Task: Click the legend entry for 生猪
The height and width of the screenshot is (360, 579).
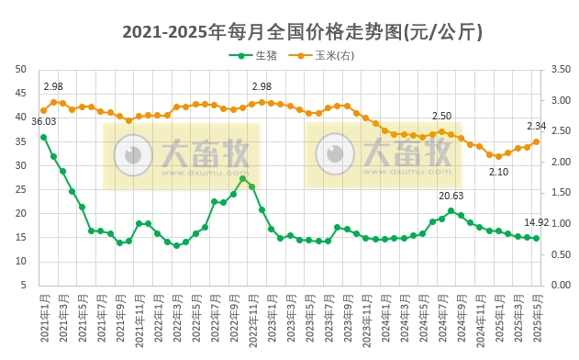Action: [260, 56]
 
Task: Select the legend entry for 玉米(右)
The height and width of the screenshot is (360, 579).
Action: [328, 56]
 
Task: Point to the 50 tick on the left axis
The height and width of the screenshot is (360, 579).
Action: [20, 69]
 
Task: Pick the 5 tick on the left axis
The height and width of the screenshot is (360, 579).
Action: [23, 286]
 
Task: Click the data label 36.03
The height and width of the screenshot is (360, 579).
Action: [43, 121]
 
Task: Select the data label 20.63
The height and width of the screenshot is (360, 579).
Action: [451, 196]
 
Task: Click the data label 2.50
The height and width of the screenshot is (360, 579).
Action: [441, 116]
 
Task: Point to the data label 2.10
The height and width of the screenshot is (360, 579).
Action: [498, 172]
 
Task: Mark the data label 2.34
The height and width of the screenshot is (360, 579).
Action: [537, 126]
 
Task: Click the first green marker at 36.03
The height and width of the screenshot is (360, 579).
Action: [43, 137]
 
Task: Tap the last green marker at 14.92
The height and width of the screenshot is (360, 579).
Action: [537, 238]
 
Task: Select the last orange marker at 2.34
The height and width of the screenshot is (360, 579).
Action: [537, 141]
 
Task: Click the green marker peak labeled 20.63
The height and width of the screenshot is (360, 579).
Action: [451, 210]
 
